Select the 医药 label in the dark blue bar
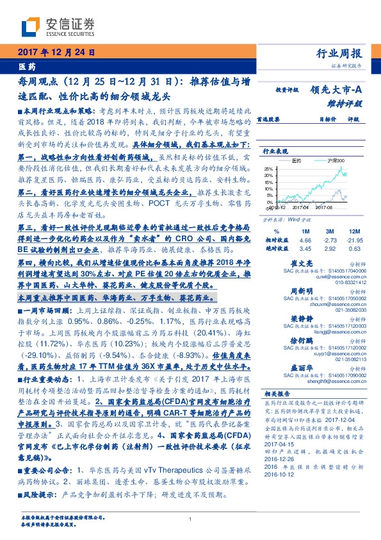(26, 67)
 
